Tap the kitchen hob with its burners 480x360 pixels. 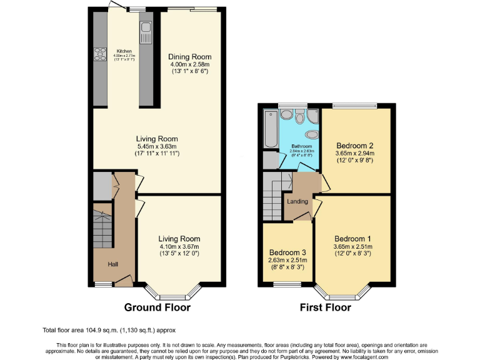tap(100, 54)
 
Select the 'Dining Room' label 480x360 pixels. tap(189, 57)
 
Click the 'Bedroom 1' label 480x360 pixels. tap(352, 239)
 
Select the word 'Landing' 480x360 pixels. tap(297, 201)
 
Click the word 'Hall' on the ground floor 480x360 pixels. tap(113, 265)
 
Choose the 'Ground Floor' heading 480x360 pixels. tap(157, 307)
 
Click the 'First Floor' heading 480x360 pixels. tap(325, 307)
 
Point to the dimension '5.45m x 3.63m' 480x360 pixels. tap(157, 146)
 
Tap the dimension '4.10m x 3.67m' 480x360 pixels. tap(179, 246)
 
